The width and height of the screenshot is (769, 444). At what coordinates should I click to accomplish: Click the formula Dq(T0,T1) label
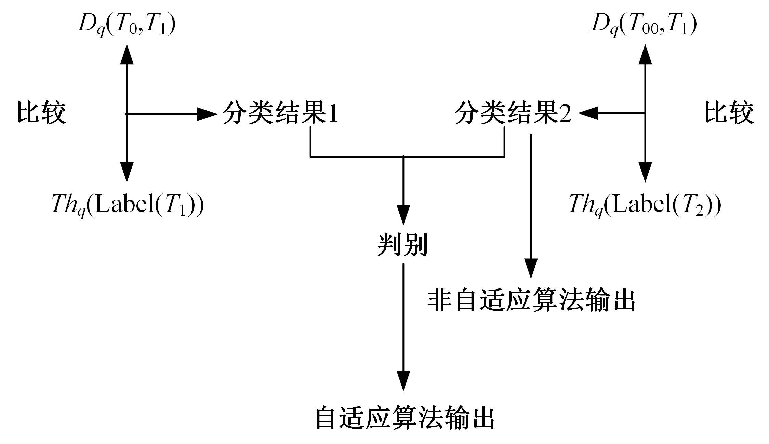pos(127,26)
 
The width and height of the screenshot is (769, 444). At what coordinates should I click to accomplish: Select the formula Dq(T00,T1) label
pos(644,26)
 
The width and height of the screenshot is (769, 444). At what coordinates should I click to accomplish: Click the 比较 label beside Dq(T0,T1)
pos(41,113)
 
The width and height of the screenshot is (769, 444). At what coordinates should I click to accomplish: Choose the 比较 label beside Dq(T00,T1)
pos(729,113)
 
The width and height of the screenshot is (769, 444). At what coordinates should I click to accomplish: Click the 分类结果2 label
pos(513,113)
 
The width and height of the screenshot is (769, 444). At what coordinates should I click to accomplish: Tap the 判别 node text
pos(403,245)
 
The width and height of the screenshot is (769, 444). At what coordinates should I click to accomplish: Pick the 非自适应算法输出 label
pos(531,301)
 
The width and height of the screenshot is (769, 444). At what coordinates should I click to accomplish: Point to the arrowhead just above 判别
pos(403,215)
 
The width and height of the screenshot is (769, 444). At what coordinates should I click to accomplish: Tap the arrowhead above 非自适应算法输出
pos(531,269)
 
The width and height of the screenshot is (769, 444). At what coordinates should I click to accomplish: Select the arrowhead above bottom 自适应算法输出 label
pos(403,380)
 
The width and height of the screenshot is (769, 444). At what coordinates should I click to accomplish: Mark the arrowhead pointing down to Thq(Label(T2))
pos(645,172)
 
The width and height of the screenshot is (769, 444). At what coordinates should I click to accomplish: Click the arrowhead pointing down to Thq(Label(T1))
pos(127,172)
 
